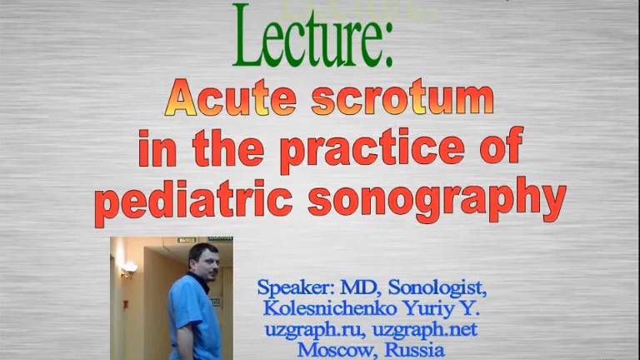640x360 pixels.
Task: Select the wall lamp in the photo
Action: tap(129, 268)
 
